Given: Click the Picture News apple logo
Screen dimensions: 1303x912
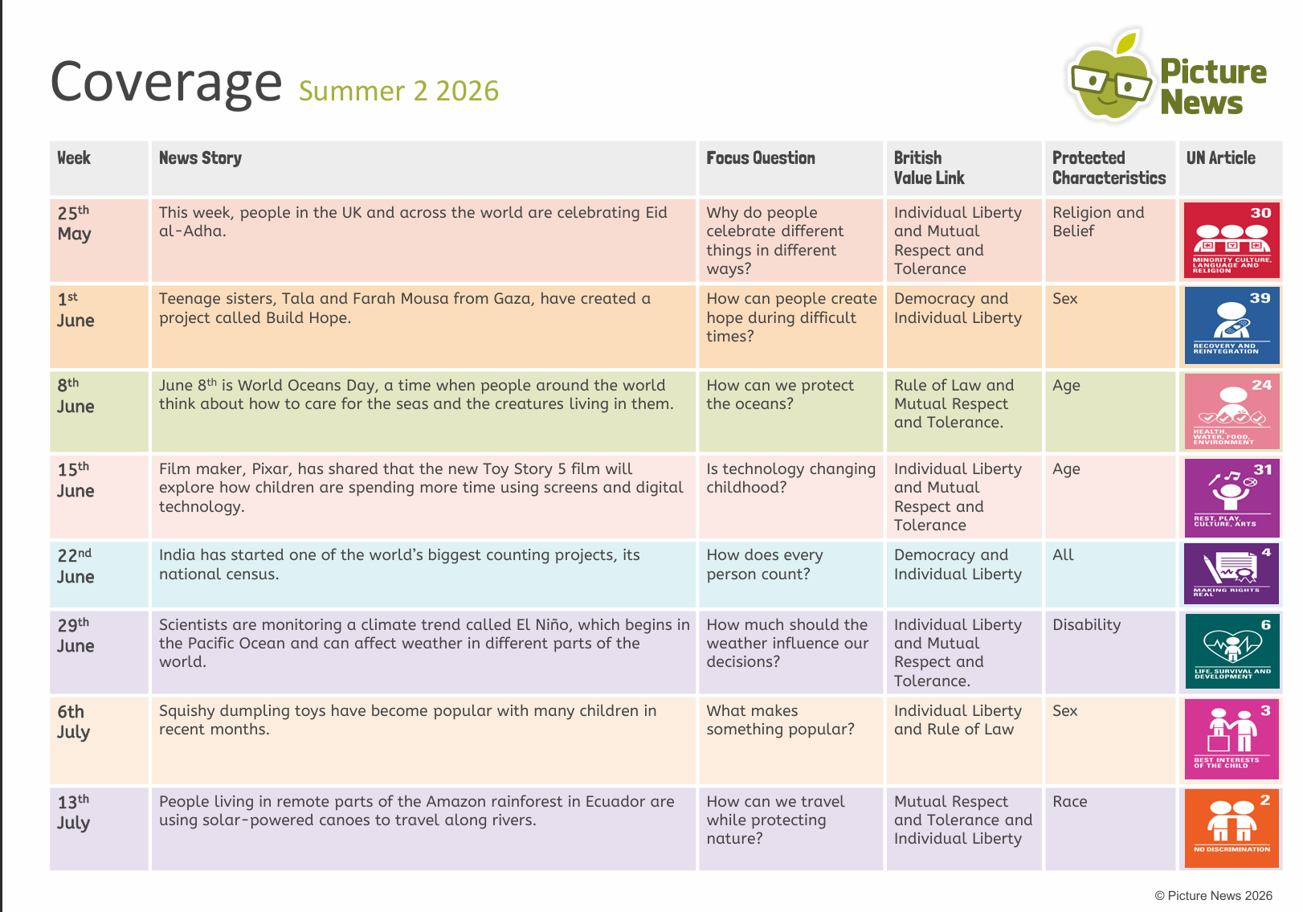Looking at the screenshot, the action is (x=1110, y=76).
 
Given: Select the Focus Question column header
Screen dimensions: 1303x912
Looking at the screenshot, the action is (x=760, y=157).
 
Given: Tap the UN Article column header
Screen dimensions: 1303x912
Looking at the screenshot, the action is (x=1220, y=157).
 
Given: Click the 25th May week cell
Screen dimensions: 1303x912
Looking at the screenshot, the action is (x=99, y=240).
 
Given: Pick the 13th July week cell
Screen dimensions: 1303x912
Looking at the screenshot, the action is (x=99, y=828).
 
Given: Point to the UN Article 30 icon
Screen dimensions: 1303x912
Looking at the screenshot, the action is (x=1232, y=239).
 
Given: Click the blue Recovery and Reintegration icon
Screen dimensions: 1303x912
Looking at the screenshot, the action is (x=1232, y=325).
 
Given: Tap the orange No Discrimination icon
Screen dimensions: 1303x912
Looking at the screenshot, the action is (x=1232, y=828).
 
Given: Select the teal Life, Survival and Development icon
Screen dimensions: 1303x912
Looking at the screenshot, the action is (x=1232, y=651).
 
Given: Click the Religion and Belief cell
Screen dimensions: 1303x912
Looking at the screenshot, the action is (x=1097, y=222).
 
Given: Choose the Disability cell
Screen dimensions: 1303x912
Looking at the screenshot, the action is (x=1086, y=625).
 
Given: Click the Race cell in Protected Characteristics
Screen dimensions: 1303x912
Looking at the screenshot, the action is (x=1069, y=801).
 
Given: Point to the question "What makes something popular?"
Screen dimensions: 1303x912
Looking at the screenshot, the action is (x=780, y=720).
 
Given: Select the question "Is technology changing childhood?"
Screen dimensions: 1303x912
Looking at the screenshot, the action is (x=790, y=478).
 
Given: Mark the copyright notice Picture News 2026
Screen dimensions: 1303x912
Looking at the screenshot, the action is (x=1213, y=896).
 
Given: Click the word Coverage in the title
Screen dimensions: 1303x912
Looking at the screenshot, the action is (x=165, y=83).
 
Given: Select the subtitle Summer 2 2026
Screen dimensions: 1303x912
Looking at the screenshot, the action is (x=398, y=91).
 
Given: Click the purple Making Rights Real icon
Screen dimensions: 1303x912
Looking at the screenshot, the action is (x=1232, y=573).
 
